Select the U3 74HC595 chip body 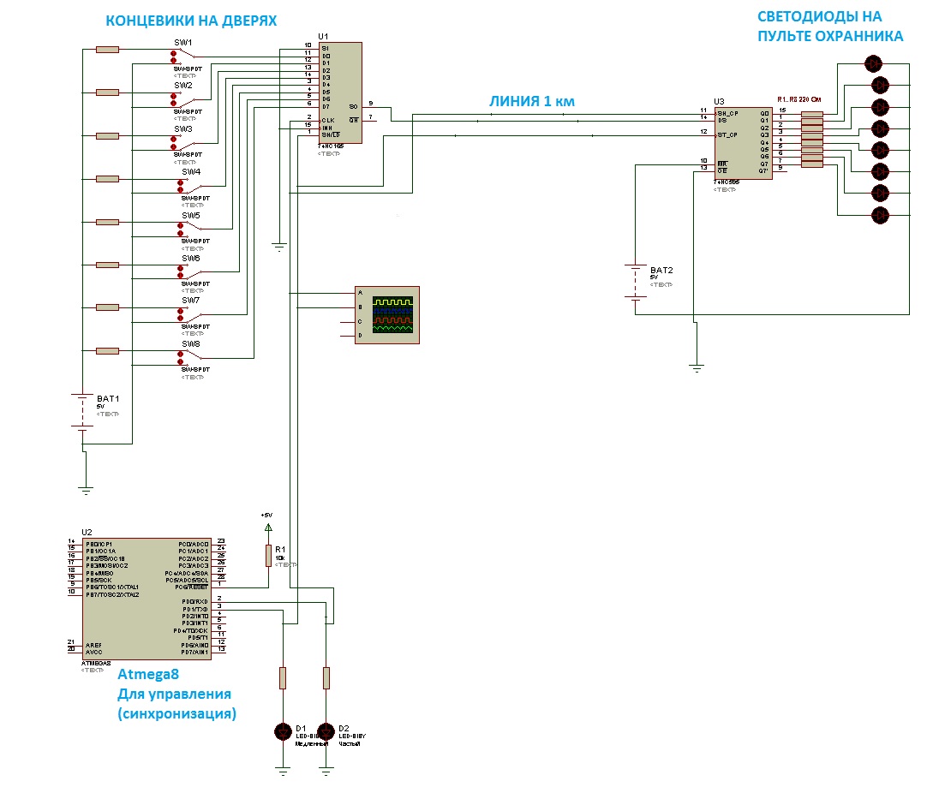pyautogui.click(x=743, y=142)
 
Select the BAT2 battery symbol pyautogui.click(x=635, y=283)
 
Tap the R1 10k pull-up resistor pyautogui.click(x=268, y=555)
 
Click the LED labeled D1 pyautogui.click(x=283, y=730)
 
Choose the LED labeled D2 pyautogui.click(x=326, y=730)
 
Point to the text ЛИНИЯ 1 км pyautogui.click(x=531, y=101)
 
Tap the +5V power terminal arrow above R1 pyautogui.click(x=268, y=527)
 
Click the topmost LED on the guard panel pyautogui.click(x=873, y=63)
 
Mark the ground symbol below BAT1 pyautogui.click(x=85, y=489)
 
